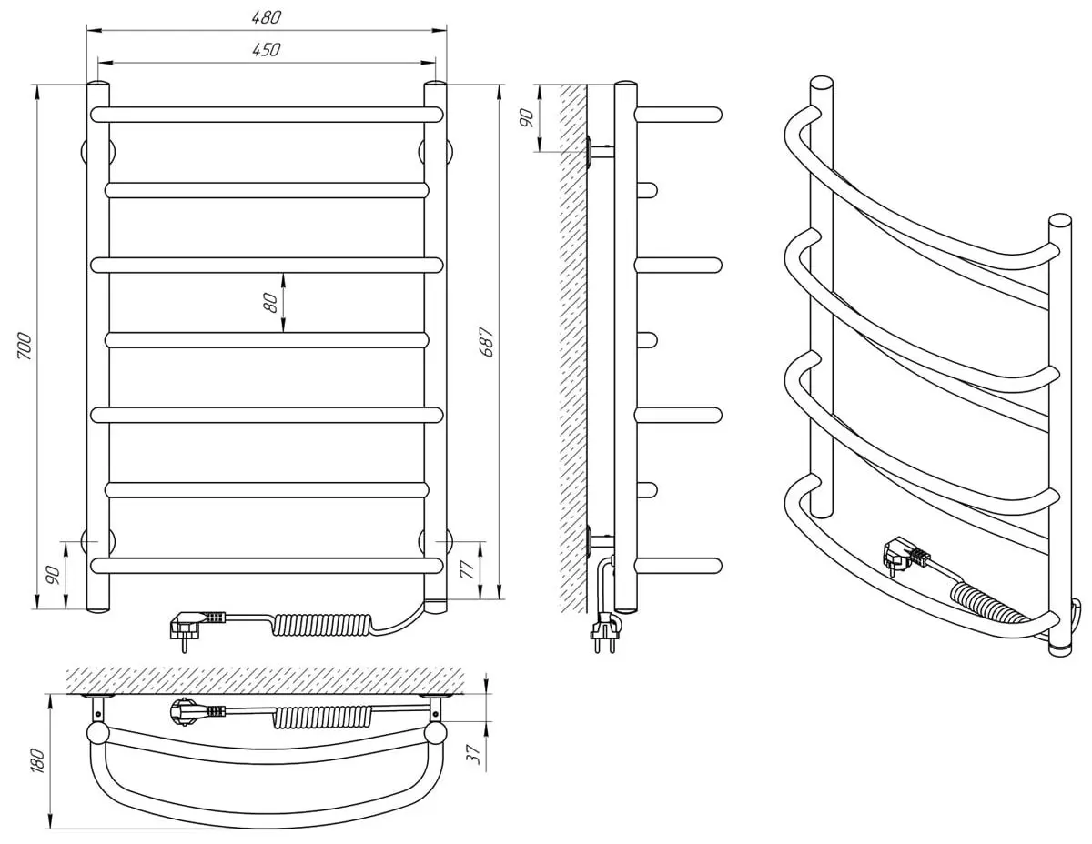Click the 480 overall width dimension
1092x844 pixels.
click(268, 18)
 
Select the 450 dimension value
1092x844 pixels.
click(266, 51)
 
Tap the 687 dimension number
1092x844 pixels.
click(487, 341)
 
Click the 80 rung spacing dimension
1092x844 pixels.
click(270, 303)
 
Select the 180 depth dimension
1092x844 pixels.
click(36, 761)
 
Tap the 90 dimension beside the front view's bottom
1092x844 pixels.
click(53, 574)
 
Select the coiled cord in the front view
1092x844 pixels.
click(318, 625)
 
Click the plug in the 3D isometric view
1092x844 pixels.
click(902, 554)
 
